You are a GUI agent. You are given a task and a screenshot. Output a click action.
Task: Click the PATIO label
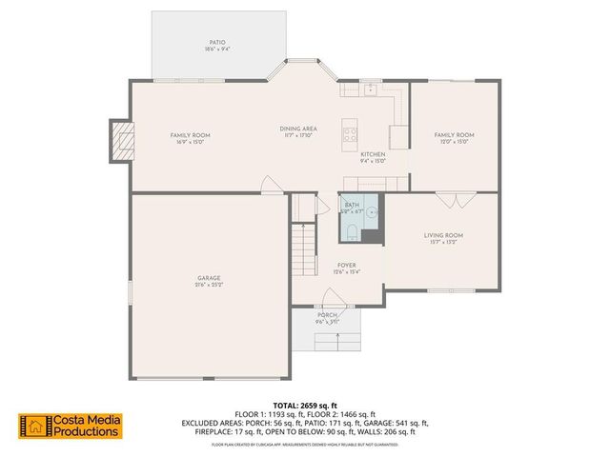pyautogui.click(x=217, y=42)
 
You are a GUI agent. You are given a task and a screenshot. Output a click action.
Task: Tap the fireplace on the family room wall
pyautogui.click(x=120, y=142)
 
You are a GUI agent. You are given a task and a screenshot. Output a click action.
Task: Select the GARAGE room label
pyautogui.click(x=209, y=278)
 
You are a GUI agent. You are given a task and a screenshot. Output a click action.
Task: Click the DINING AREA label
pyautogui.click(x=298, y=129)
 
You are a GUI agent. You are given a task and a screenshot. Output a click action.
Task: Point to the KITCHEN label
pyautogui.click(x=372, y=154)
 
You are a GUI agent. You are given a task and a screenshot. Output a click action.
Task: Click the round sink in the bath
pyautogui.click(x=375, y=214)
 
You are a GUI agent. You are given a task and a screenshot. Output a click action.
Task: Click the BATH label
pyautogui.click(x=354, y=204)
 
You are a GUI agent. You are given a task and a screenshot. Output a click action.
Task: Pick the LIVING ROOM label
pyautogui.click(x=443, y=235)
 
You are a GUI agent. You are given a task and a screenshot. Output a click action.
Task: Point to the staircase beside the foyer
pyautogui.click(x=304, y=248)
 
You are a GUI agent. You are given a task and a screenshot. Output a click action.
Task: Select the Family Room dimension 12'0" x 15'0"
pyautogui.click(x=454, y=142)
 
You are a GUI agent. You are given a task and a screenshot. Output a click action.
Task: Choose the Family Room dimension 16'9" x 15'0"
pyautogui.click(x=190, y=142)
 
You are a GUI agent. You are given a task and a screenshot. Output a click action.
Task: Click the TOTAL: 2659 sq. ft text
pyautogui.click(x=305, y=406)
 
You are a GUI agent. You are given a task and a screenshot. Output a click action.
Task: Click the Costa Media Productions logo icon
pyautogui.click(x=35, y=426)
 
